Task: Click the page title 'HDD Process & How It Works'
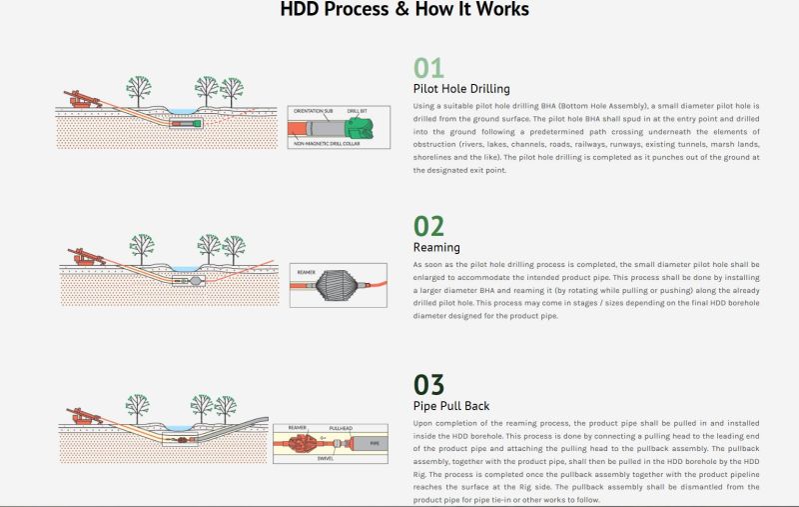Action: pos(404,11)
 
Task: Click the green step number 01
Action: pos(428,68)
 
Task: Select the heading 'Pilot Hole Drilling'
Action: pos(461,88)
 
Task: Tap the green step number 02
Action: pos(428,227)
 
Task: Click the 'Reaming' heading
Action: pos(436,247)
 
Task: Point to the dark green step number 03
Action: pos(428,385)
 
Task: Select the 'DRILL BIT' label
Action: pos(363,111)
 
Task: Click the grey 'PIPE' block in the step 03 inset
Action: pos(374,442)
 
